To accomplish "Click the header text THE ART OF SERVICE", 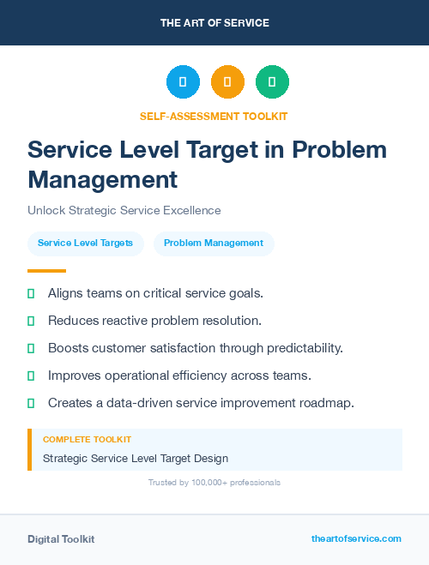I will coord(214,23).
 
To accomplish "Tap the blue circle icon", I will coord(183,82).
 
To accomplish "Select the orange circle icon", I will coord(227,82).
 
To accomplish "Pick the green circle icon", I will coord(272,82).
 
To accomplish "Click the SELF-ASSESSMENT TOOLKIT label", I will coord(214,116).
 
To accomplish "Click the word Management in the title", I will coord(103,179).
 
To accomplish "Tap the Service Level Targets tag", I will coord(85,243).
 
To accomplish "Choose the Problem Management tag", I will coord(214,243).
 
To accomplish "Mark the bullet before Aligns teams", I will coord(31,293).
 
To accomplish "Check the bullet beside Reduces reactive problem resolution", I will coord(31,321).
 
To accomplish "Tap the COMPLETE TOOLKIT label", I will coord(87,439).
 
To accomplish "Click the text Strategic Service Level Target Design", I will coord(136,459).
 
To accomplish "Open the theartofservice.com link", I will coord(356,538).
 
